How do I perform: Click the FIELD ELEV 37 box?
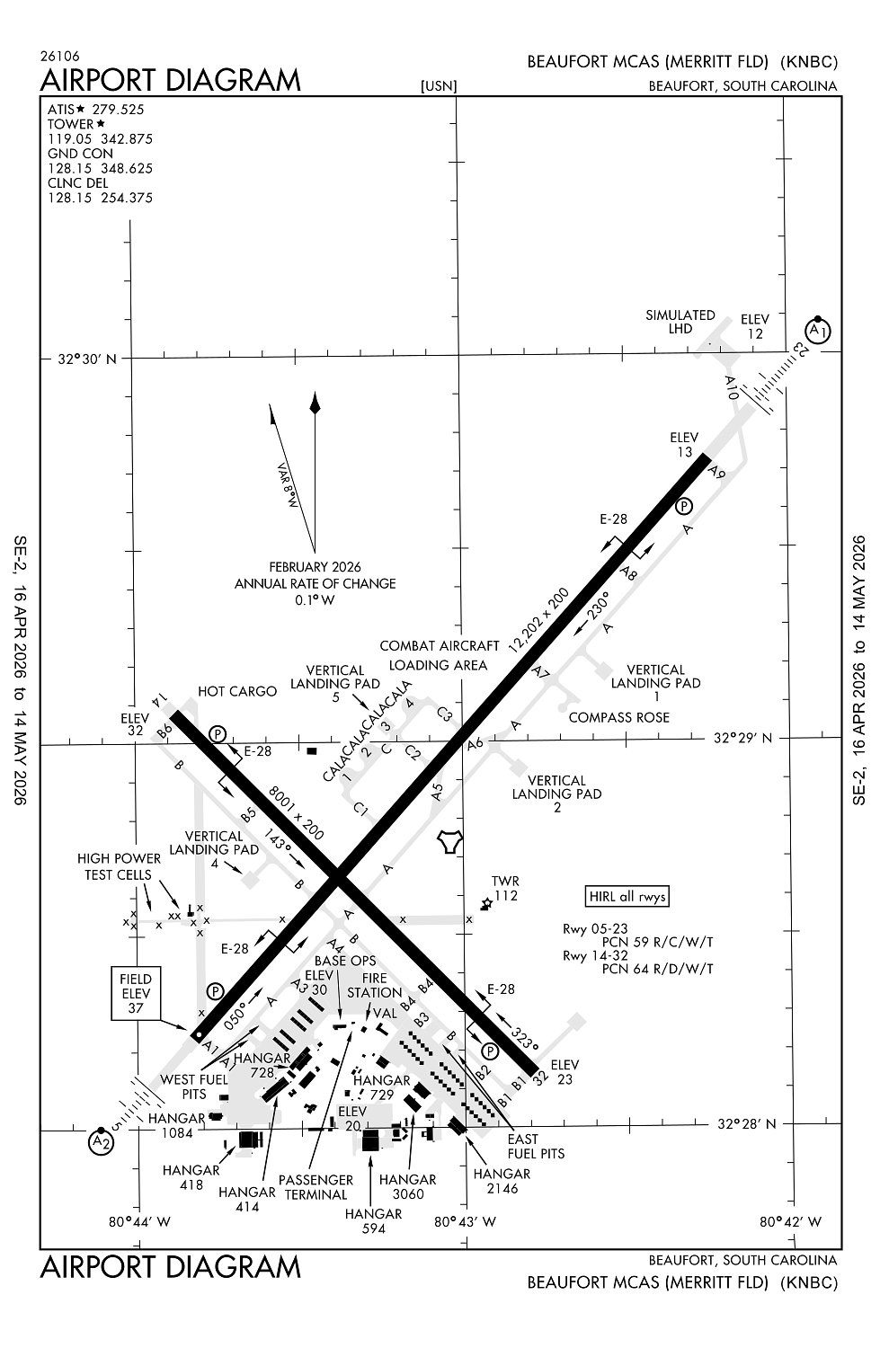coord(136,994)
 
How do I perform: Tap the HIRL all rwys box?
coord(628,896)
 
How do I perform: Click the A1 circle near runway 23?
coord(818,330)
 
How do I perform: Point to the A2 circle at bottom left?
coord(102,1142)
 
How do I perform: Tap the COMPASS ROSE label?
coord(619,718)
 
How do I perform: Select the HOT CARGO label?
coord(237,691)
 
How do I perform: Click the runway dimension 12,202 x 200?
coord(538,620)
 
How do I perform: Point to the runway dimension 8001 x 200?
coord(296,811)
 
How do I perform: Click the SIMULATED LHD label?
coord(680,322)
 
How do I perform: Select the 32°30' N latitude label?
coord(87,359)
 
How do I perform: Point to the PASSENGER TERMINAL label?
coord(316,1187)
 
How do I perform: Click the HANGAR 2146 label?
coord(502,1181)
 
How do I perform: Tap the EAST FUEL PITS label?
coord(536,1146)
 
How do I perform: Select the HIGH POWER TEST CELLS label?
coord(119,866)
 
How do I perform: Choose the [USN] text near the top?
coord(439,86)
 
